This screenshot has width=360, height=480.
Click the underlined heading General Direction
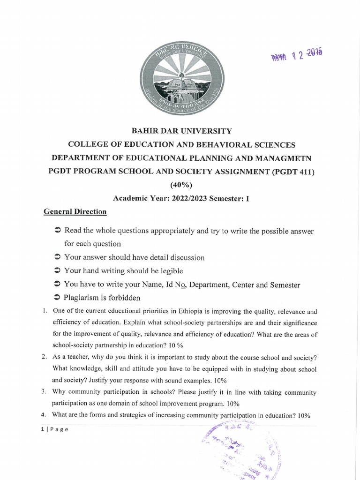[75, 212]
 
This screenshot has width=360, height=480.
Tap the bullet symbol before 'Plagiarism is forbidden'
[57, 299]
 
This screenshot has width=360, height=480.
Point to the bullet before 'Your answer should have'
[57, 257]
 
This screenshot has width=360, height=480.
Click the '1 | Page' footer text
[54, 430]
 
